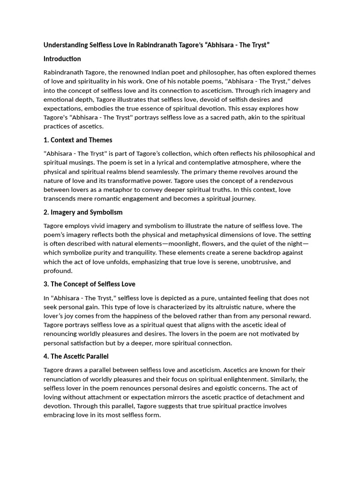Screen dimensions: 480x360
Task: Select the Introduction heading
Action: [62, 59]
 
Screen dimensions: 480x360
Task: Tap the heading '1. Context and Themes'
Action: [78, 140]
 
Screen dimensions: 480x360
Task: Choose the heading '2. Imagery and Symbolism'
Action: [83, 212]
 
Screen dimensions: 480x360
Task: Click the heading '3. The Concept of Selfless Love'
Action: [90, 284]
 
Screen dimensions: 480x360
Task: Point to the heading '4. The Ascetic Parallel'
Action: [76, 356]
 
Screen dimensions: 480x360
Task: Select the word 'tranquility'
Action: [138, 253]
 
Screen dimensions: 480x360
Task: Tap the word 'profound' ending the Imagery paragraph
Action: [58, 271]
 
